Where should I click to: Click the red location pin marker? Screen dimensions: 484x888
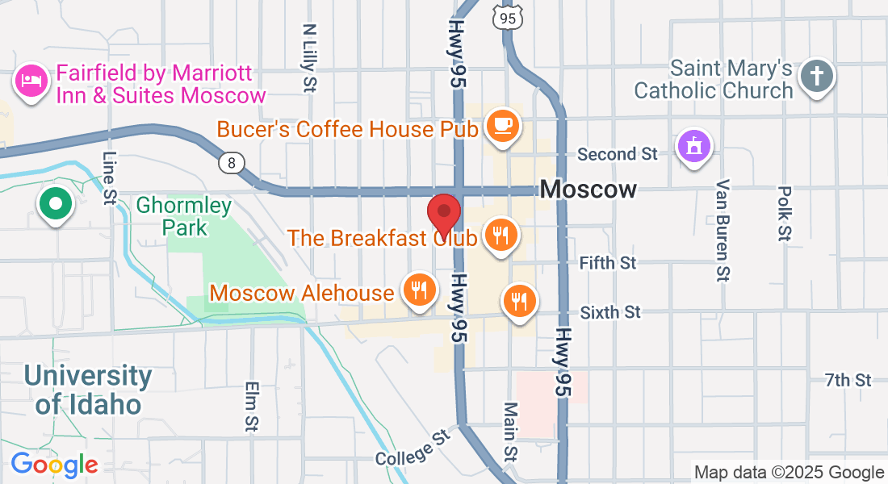443,214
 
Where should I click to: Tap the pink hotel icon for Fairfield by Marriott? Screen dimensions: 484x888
31,81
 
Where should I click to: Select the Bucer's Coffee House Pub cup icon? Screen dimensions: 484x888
502,125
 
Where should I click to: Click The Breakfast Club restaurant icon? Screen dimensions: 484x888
501,235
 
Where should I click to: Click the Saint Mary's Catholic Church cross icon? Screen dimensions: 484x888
816,77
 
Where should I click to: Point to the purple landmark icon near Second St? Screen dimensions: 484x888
693,146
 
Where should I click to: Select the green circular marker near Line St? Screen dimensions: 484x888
55,202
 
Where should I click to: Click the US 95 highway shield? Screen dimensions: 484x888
507,16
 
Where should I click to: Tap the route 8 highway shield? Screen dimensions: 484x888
232,163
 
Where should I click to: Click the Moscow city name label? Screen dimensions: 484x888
589,190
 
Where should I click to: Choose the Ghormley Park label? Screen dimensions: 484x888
184,216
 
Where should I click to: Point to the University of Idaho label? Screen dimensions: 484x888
87,389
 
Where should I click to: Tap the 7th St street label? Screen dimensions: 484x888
848,379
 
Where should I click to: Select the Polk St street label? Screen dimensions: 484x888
784,213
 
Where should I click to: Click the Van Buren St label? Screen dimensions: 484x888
723,230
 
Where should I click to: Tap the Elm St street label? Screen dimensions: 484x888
251,406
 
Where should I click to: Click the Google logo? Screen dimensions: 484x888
54,464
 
